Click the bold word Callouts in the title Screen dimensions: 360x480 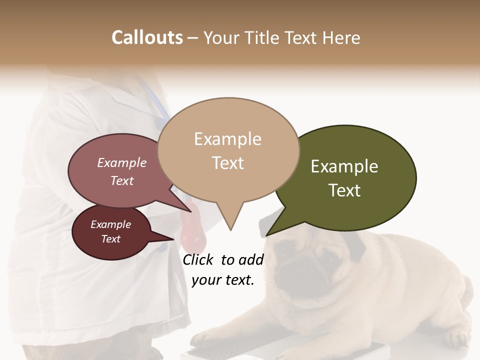[147, 37]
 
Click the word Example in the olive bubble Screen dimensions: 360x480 [344, 166]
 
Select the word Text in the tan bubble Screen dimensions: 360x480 [228, 163]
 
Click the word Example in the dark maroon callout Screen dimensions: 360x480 [110, 224]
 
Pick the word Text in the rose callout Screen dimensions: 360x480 [122, 181]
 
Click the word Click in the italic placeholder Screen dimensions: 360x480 [198, 259]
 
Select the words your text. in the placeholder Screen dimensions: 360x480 [223, 280]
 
